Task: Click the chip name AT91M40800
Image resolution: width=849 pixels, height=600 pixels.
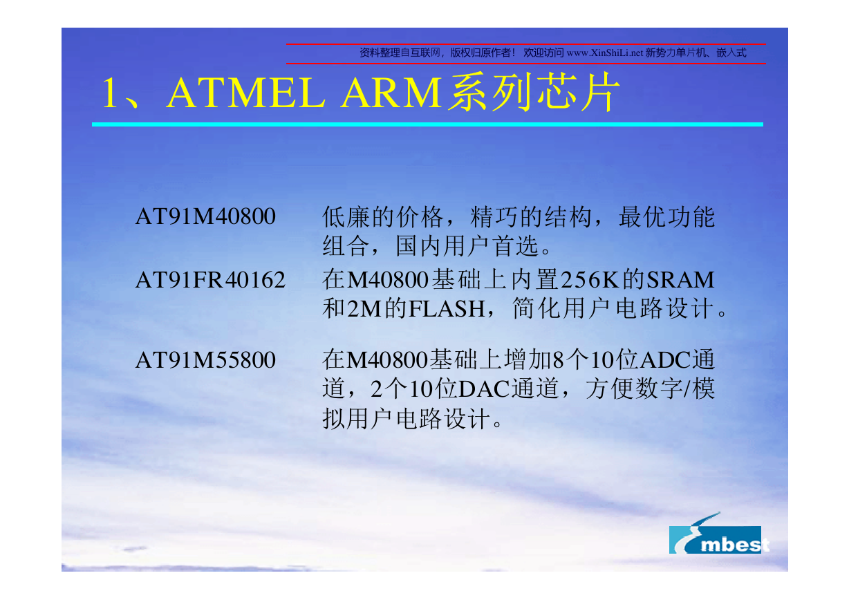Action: [x=205, y=216]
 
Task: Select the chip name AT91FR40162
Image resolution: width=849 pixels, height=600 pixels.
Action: [x=210, y=280]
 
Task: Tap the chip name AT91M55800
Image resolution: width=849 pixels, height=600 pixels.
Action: [x=205, y=359]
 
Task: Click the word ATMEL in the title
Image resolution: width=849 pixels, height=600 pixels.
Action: [x=245, y=93]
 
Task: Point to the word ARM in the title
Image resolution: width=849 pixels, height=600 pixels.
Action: [x=391, y=93]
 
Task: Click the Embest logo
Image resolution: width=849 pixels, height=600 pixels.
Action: [x=718, y=534]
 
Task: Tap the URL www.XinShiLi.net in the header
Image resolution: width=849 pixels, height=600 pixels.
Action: [x=605, y=53]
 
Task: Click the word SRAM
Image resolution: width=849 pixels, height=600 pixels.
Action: [x=680, y=280]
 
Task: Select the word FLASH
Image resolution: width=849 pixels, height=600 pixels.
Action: [x=447, y=309]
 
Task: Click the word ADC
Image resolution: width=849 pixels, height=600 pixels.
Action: [x=666, y=359]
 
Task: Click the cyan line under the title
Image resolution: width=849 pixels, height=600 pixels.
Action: [x=427, y=124]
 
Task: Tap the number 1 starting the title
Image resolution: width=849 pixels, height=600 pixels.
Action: [x=109, y=93]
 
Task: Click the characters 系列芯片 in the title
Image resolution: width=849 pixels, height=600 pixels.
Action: [x=534, y=92]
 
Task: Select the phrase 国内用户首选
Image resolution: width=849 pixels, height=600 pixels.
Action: [x=467, y=246]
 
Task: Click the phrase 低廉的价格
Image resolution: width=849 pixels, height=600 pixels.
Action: [x=383, y=217]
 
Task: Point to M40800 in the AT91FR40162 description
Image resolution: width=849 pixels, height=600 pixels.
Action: [x=388, y=280]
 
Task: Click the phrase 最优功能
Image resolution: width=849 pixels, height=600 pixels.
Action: [x=666, y=217]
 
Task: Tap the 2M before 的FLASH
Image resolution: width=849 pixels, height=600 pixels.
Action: [x=364, y=309]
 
